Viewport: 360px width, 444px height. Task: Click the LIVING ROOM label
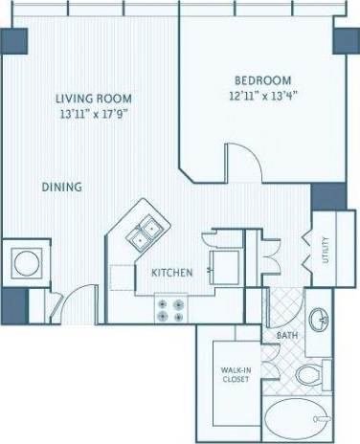point(93,99)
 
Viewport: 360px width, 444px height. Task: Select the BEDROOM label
point(263,80)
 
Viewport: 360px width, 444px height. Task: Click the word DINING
point(61,187)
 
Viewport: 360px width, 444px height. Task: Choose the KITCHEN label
point(172,273)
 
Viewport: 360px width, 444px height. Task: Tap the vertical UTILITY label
point(326,250)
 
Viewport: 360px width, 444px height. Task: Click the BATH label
point(287,336)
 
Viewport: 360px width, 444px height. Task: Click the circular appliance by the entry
point(25,261)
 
